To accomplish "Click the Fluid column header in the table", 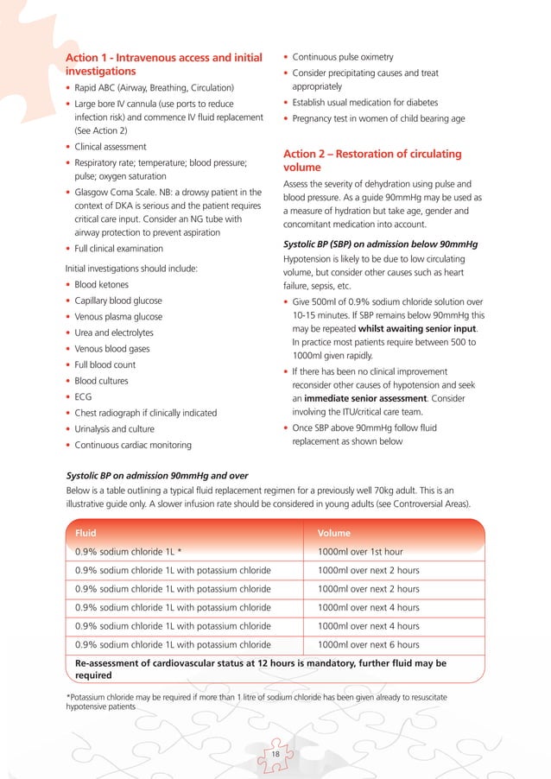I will point(86,533).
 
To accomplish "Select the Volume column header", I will point(334,533).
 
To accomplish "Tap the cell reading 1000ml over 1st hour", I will point(368,551).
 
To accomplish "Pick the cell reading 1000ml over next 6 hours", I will point(368,644).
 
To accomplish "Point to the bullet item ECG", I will point(85,396).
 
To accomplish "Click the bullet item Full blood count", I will point(106,364).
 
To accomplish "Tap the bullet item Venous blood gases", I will point(112,348).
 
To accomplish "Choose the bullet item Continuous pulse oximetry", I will point(343,57).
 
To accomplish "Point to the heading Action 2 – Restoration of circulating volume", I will point(371,161).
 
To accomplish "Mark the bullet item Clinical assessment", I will point(110,147).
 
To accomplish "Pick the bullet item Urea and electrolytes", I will point(114,332).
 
